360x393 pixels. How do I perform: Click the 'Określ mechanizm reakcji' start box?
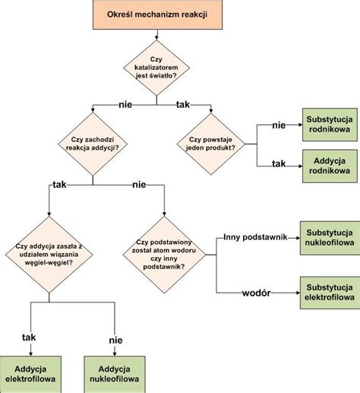point(157,14)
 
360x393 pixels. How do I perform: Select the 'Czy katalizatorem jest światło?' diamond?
point(156,68)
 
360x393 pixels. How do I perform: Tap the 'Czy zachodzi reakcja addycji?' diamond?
point(93,144)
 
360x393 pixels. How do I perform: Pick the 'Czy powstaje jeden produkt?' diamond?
point(211,144)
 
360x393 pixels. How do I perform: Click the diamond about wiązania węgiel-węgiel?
point(49,255)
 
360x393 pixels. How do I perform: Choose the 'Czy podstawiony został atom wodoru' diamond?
point(164,255)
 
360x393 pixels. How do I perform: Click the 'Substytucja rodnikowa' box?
point(330,125)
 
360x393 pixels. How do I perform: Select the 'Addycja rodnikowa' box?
point(330,166)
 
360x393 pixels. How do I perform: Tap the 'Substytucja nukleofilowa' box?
point(330,238)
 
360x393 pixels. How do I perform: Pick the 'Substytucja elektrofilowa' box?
point(330,293)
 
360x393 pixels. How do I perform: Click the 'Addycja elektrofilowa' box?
point(30,374)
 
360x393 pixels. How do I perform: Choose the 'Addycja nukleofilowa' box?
point(115,374)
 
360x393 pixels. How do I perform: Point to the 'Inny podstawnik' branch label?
point(255,237)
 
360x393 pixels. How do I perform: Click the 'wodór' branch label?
point(256,293)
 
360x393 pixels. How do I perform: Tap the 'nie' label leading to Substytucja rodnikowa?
point(279,125)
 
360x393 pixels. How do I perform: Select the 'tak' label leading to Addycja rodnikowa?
point(279,163)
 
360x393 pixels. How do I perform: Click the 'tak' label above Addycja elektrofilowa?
point(29,338)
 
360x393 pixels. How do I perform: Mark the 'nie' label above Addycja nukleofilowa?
point(115,340)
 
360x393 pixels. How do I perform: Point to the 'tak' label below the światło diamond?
point(183,104)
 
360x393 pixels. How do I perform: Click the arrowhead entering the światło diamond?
point(156,38)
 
